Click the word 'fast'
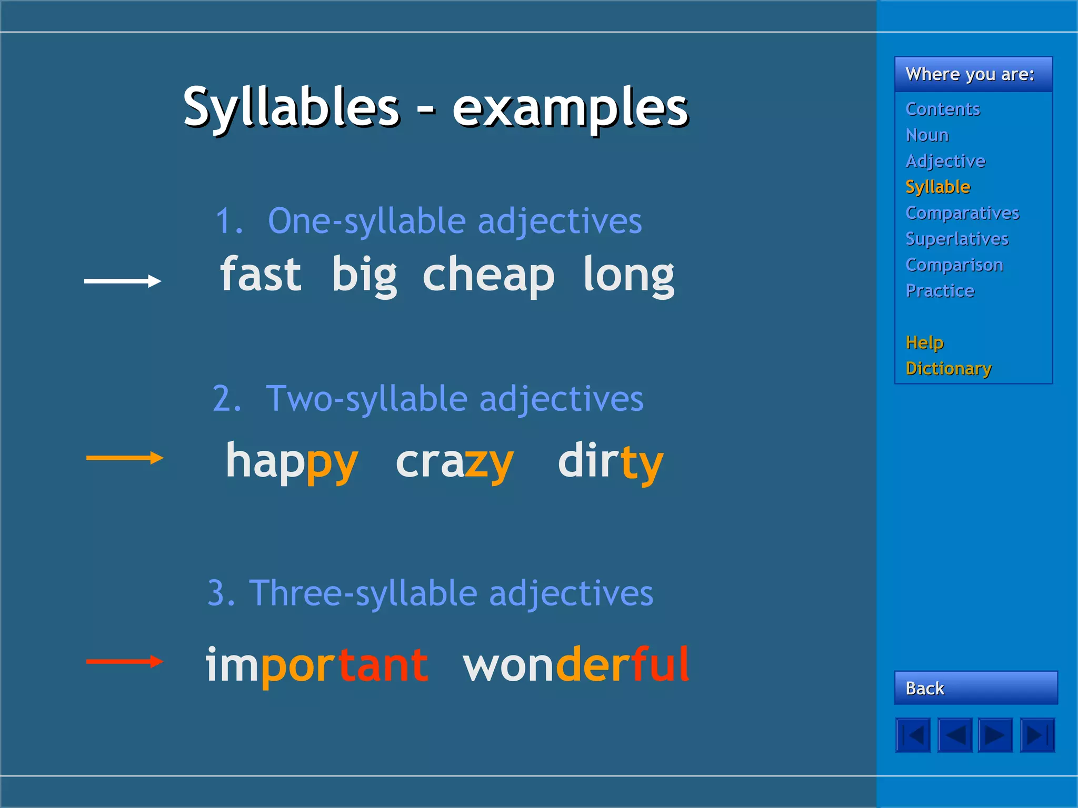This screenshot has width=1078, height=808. (261, 275)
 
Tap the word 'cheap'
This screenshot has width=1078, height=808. (488, 276)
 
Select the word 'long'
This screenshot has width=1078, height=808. (628, 276)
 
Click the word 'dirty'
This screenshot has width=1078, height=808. (610, 462)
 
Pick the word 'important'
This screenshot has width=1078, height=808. (316, 665)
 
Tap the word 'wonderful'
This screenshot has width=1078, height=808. (576, 665)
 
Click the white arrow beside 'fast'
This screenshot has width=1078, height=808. (123, 281)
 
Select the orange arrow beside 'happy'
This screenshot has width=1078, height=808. (125, 458)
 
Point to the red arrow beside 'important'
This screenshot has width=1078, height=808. (125, 661)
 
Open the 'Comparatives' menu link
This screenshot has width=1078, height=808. (962, 213)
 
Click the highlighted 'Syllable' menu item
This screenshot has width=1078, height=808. (937, 187)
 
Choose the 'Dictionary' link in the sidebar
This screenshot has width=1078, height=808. (949, 369)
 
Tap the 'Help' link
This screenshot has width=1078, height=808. (924, 342)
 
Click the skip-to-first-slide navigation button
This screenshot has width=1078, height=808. (913, 735)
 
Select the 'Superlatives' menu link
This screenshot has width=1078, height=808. (956, 239)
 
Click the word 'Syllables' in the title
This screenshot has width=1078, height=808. (291, 107)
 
